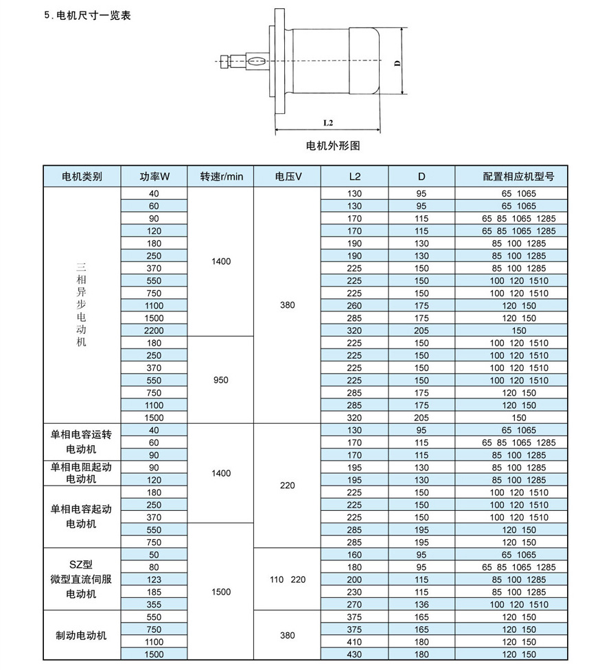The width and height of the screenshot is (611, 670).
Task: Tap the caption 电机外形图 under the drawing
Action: tap(332, 146)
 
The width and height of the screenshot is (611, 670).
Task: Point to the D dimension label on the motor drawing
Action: tap(397, 63)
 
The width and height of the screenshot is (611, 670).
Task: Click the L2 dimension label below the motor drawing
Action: tap(327, 123)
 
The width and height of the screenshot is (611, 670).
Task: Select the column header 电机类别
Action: tap(82, 176)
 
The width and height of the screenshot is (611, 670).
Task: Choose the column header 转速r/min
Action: tap(222, 176)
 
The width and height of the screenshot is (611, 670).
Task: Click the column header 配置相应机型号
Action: tap(518, 176)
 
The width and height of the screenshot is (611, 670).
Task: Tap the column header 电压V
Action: tap(288, 176)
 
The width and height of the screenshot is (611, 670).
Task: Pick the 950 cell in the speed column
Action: tap(221, 380)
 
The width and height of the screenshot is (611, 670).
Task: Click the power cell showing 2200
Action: tap(154, 330)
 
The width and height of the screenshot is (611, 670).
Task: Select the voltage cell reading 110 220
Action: tap(288, 579)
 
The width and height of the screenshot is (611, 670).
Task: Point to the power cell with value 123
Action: tap(154, 579)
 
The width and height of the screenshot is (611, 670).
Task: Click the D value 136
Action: tap(421, 604)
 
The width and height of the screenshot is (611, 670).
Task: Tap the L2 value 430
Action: tap(354, 654)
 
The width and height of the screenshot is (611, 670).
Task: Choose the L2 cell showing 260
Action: tap(354, 305)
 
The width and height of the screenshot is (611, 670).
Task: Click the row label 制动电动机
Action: tap(82, 635)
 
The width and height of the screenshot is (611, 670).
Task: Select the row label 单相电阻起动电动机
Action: tap(82, 473)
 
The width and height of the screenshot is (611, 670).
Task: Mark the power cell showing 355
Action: tap(154, 604)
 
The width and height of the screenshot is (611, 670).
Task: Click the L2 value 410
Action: tap(354, 641)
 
